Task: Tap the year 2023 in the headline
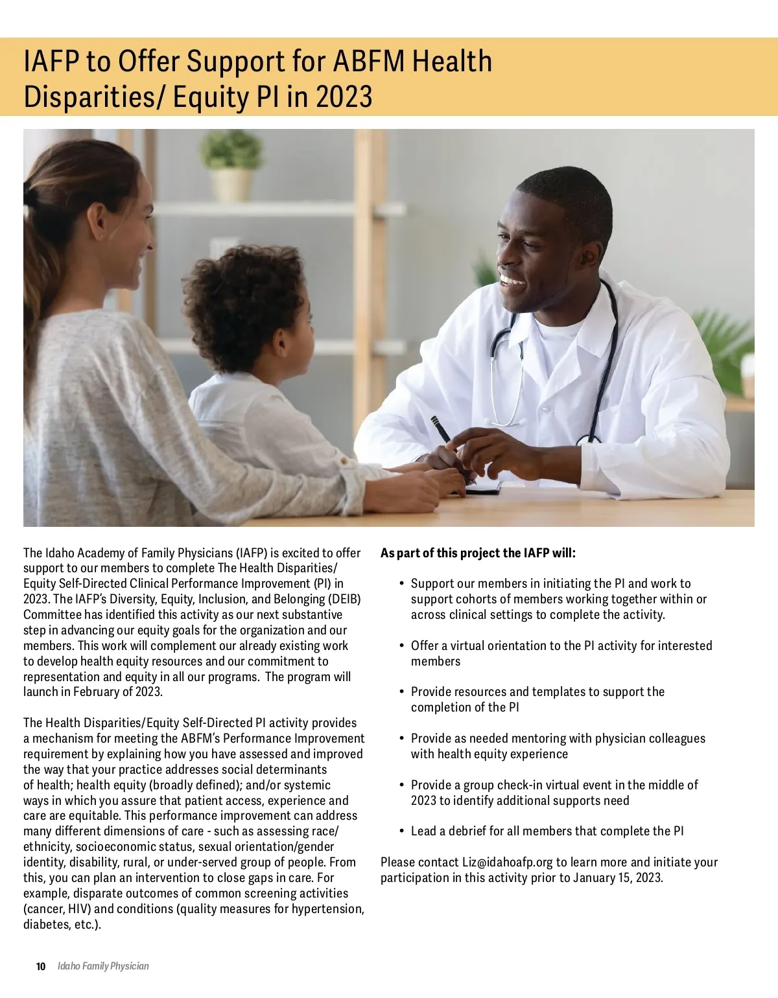(x=344, y=97)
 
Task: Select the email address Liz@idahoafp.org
(x=507, y=863)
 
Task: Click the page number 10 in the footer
(x=41, y=966)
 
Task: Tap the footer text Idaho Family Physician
(x=103, y=966)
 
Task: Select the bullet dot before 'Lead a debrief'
(x=403, y=831)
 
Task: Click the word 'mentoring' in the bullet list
(x=537, y=739)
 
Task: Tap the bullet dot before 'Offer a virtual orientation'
(x=403, y=646)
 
